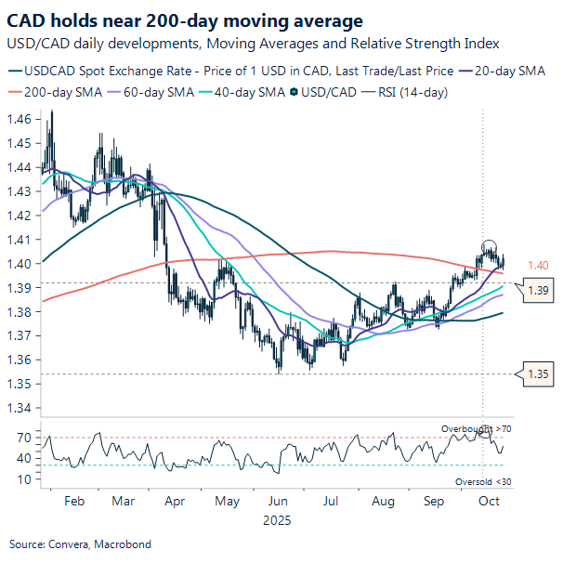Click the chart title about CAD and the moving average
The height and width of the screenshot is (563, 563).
[186, 20]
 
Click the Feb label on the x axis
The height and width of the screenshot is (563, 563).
[76, 501]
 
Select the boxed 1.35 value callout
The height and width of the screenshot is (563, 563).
[540, 374]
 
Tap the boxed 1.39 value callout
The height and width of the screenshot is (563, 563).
[540, 291]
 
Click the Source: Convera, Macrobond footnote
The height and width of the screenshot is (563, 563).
[80, 543]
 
